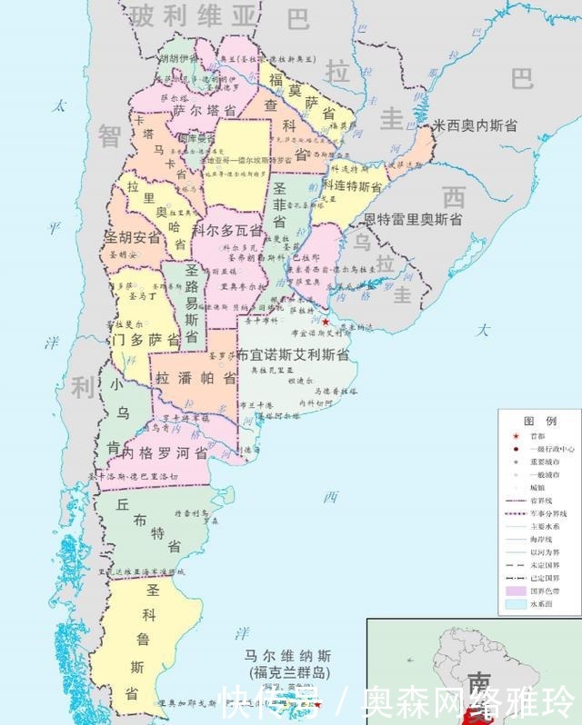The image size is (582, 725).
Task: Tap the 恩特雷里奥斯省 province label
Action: pos(413,219)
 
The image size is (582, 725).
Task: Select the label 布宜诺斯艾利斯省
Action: pos(293,356)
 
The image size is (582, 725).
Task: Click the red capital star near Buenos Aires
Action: pos(326,322)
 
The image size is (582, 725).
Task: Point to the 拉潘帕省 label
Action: pos(196,377)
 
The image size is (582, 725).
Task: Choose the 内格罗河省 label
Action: pos(165,452)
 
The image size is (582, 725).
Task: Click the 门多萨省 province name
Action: pos(143,339)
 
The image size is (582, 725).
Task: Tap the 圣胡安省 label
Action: pos(132,238)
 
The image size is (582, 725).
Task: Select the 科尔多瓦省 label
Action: pos(228,230)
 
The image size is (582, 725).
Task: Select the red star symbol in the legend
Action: pos(516,435)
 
